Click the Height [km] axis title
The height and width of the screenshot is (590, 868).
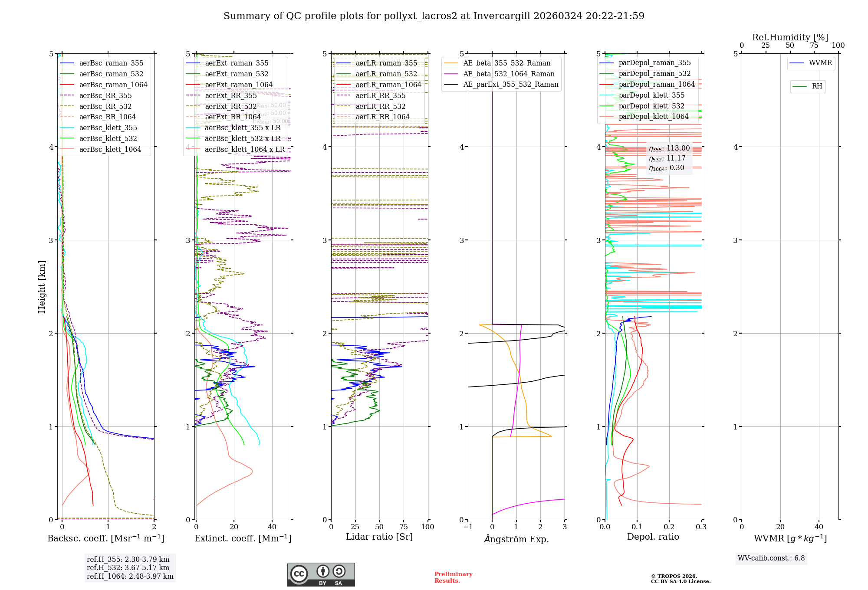(x=42, y=287)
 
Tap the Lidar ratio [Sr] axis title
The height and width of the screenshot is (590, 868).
(x=379, y=537)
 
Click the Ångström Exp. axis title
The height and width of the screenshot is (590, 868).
(x=516, y=539)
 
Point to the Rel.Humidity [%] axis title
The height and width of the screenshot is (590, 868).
(x=790, y=37)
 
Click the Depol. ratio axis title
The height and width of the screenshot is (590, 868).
(x=653, y=537)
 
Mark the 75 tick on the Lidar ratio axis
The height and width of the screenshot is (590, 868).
(x=404, y=527)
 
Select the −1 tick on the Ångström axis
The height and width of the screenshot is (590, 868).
(x=468, y=527)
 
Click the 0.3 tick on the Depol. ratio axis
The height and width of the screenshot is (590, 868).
(x=701, y=527)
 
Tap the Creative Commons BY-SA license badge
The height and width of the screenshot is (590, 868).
(x=321, y=575)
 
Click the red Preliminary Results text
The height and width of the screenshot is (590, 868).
(x=453, y=577)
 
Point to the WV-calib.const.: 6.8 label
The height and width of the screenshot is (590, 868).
(x=771, y=558)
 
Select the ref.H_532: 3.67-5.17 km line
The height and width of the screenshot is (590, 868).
(x=128, y=568)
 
